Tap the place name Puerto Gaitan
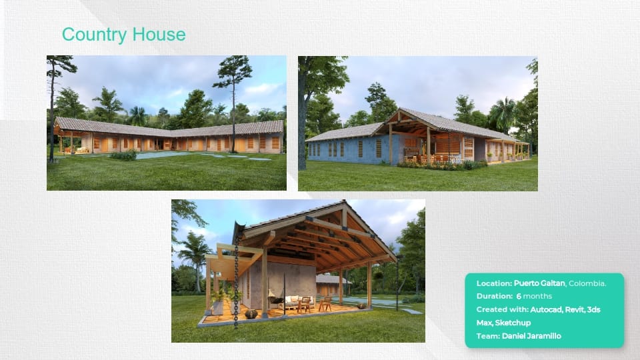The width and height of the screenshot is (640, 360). coord(539,283)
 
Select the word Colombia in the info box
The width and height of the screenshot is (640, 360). coord(586,283)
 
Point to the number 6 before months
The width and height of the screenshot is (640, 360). coord(519,296)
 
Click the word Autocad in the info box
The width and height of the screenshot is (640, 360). coord(546,309)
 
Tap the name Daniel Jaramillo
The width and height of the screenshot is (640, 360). coord(531,336)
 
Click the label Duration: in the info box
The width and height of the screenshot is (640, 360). coord(494,296)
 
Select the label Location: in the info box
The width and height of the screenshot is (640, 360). coord(494,283)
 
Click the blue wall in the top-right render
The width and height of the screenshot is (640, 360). coord(351,149)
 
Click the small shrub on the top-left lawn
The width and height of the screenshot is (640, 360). coord(124,155)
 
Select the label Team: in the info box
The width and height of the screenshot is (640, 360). coord(488,336)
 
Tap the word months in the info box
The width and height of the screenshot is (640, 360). coord(537,296)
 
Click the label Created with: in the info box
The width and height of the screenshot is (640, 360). coord(502,309)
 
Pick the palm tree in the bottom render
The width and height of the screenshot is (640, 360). coord(193,257)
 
